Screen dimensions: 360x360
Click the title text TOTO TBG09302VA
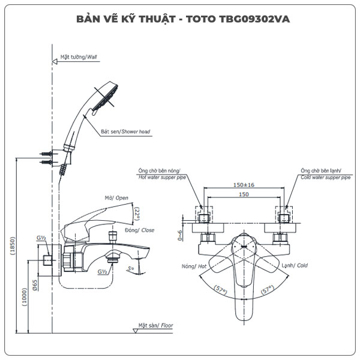pos(180,19)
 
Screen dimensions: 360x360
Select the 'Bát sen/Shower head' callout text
pos(125,130)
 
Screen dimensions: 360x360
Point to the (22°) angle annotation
pos(137,214)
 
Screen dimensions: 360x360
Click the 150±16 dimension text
pos(244,185)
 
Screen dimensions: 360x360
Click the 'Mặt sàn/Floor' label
pos(155,326)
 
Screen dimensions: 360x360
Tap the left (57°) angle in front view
pos(220,291)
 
